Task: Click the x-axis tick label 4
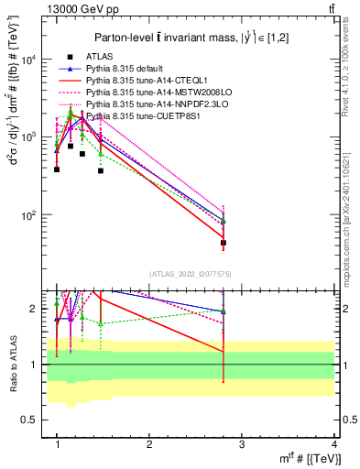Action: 334,443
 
